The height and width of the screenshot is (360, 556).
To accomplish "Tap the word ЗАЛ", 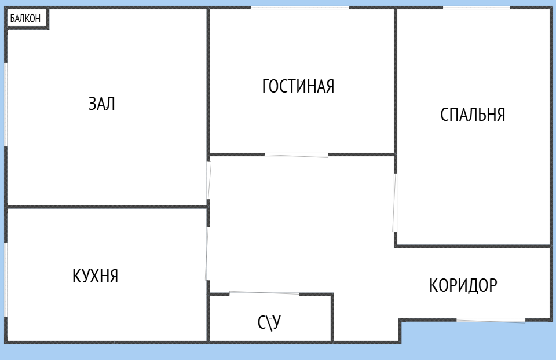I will click(x=102, y=104).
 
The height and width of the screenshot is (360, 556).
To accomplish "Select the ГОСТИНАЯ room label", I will click(x=298, y=86).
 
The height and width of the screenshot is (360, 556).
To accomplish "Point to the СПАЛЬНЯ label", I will click(x=473, y=115).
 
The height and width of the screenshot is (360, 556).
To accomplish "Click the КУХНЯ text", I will click(x=96, y=276).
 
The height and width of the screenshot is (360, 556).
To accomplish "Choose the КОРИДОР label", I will click(x=463, y=285).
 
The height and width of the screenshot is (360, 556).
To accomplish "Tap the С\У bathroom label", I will click(x=269, y=322).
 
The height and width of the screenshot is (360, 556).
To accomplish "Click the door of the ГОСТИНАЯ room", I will click(x=297, y=155).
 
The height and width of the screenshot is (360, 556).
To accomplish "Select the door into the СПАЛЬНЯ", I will click(x=395, y=203).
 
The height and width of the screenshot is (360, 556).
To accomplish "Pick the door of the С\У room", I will click(x=264, y=294).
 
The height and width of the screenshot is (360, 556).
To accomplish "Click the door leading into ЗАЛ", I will click(x=209, y=180).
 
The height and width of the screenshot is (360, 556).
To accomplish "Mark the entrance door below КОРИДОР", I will click(x=491, y=319).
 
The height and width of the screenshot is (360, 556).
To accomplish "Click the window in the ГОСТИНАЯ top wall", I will click(x=300, y=8).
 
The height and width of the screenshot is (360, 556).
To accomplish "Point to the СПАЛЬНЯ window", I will click(x=476, y=8).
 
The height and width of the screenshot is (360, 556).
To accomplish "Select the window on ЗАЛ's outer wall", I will click(x=6, y=104).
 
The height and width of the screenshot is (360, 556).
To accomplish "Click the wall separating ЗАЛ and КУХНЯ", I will click(x=107, y=206).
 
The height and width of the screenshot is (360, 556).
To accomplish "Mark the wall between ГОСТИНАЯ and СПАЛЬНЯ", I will click(x=396, y=81).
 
